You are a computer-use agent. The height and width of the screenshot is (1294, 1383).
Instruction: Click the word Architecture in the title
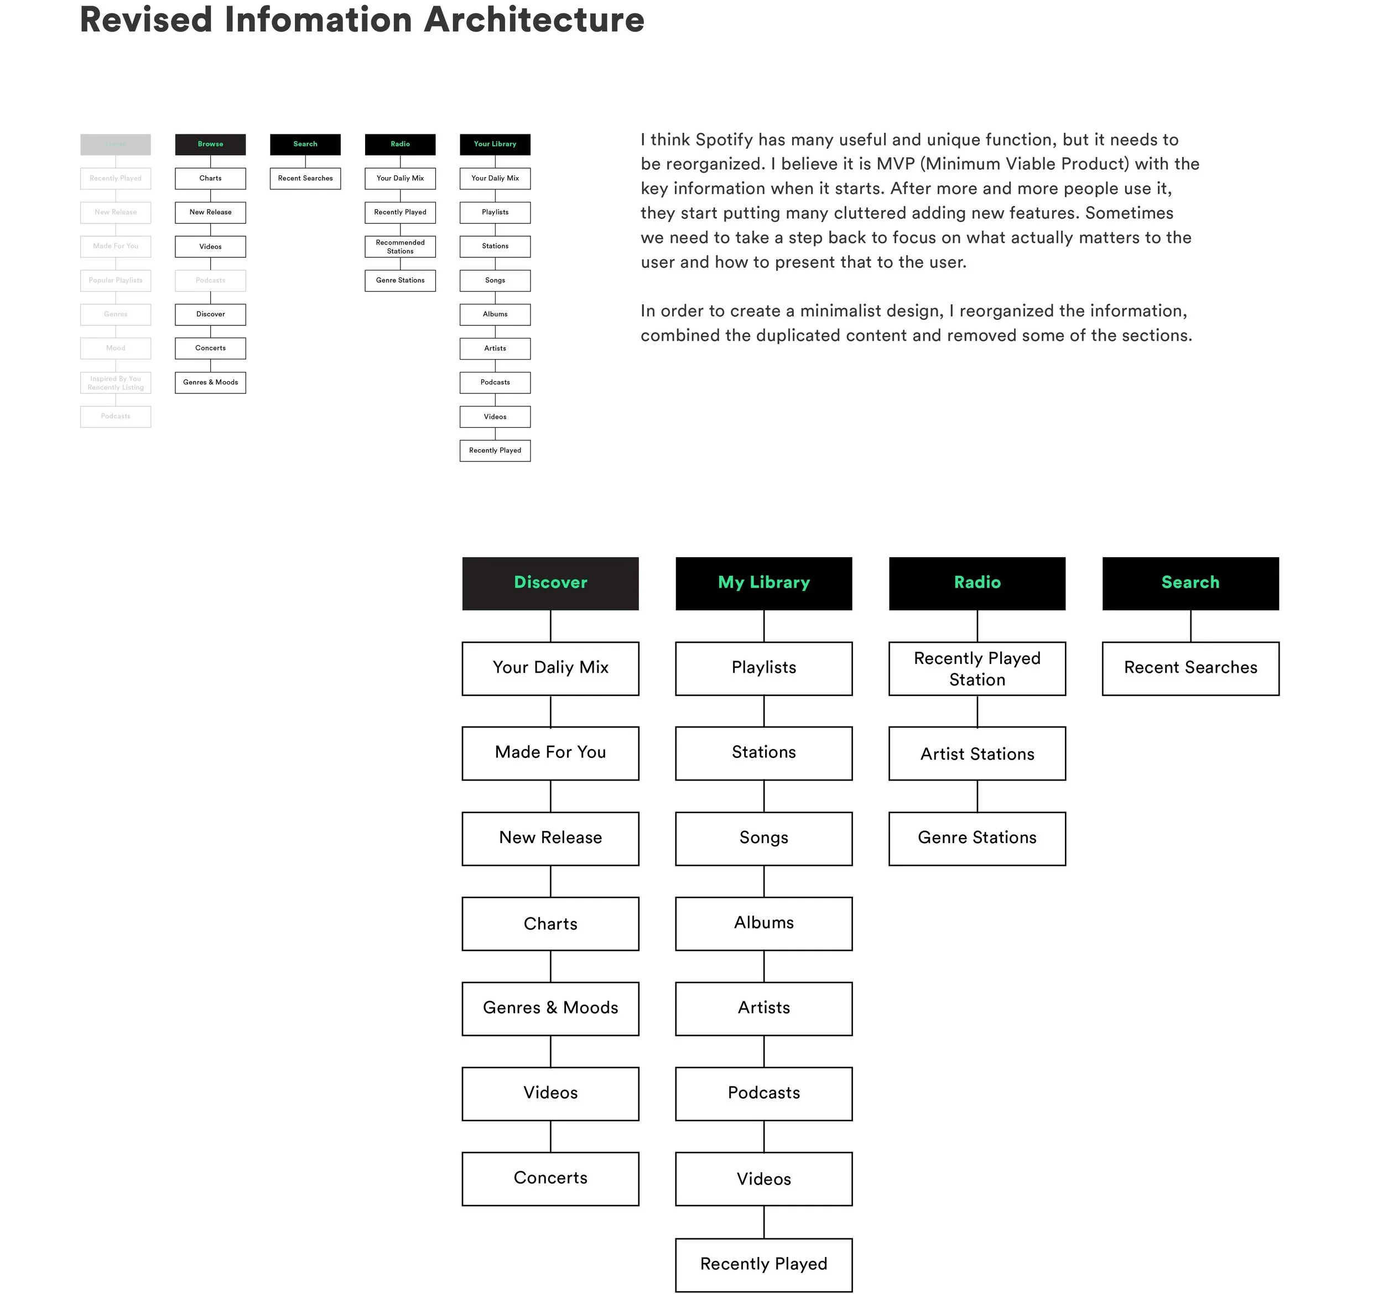point(534,19)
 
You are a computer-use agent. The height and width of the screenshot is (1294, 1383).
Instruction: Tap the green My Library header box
point(763,583)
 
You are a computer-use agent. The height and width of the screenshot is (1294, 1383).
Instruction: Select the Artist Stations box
point(977,753)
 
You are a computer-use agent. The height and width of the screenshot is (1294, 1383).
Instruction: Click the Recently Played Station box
point(977,668)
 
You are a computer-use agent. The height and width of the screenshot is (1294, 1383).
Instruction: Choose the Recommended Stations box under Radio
point(400,246)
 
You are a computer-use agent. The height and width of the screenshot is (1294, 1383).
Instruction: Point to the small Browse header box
point(210,144)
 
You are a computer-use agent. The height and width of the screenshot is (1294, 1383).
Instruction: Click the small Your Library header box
point(495,144)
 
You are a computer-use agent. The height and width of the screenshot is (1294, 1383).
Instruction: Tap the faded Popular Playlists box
point(116,280)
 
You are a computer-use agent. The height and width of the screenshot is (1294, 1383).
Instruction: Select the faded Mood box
point(116,348)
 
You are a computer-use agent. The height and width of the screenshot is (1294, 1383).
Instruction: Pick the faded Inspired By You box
point(116,383)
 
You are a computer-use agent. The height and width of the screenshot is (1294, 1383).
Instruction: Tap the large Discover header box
point(550,583)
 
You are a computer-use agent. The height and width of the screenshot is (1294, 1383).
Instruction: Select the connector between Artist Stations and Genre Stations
point(977,796)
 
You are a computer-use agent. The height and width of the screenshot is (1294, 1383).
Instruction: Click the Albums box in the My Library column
point(763,923)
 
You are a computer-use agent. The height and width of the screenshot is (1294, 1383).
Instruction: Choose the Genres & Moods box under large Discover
point(550,1008)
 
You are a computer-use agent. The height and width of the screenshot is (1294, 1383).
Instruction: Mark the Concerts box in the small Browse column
point(210,348)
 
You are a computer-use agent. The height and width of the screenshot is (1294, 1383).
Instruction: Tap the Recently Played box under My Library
point(763,1264)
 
